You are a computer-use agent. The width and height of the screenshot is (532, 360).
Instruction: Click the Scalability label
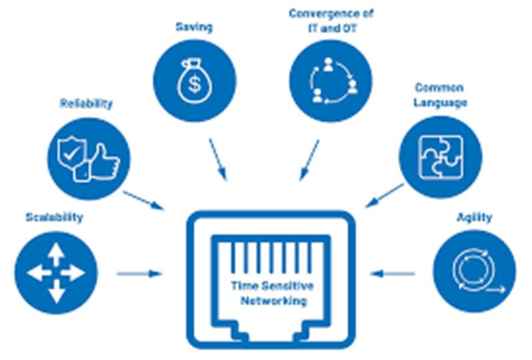(x=55, y=218)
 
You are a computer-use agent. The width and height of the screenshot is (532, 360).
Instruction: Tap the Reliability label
(x=86, y=103)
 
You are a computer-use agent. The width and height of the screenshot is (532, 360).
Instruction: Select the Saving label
(x=194, y=27)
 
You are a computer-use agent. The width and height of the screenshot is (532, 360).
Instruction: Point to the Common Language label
(x=440, y=95)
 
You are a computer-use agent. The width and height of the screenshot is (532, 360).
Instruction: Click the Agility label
(x=474, y=218)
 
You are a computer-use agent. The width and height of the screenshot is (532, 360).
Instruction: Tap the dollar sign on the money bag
(x=194, y=85)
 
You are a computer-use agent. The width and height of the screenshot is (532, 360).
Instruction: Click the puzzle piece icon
(x=441, y=157)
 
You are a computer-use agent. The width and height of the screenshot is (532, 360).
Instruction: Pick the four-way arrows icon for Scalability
(x=56, y=273)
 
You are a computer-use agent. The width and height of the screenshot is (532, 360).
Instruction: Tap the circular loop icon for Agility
(x=475, y=271)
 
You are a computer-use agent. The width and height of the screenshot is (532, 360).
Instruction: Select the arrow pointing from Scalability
(x=140, y=273)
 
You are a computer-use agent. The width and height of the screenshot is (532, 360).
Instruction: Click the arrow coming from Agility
(x=392, y=273)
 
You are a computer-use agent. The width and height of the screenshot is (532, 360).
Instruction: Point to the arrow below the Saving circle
(x=218, y=159)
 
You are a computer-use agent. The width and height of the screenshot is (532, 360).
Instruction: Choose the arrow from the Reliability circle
(x=143, y=200)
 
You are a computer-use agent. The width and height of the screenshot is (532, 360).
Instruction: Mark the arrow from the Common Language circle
(x=385, y=195)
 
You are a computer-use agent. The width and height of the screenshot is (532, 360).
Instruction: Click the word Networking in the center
(x=274, y=301)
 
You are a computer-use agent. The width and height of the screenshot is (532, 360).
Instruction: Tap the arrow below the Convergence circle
(x=309, y=160)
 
